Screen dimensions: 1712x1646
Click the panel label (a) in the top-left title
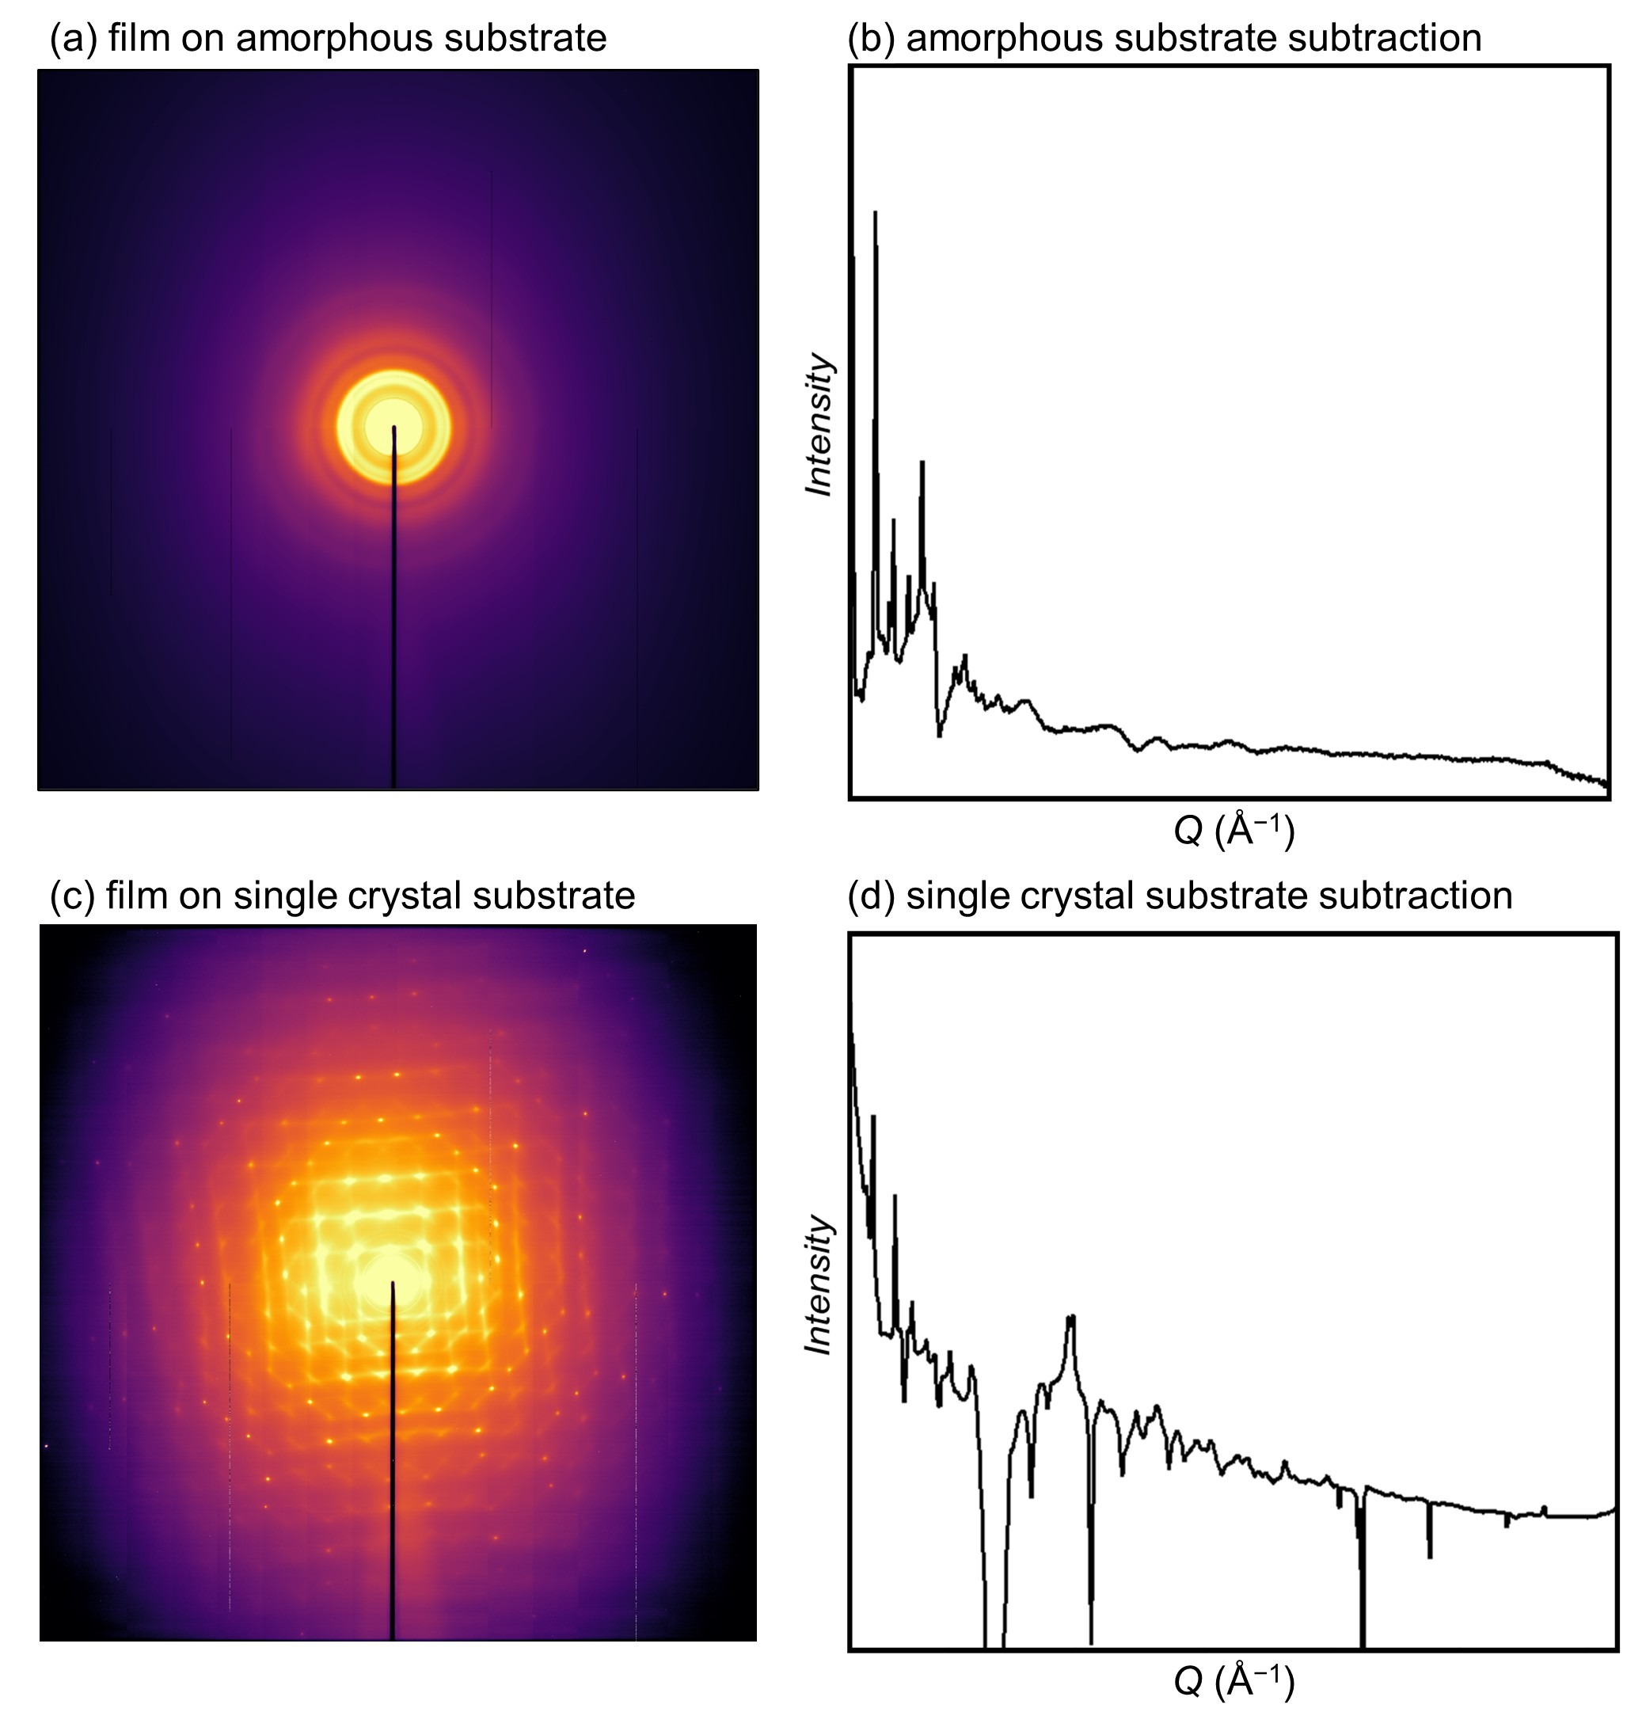pyautogui.click(x=74, y=39)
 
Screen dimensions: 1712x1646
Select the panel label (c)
pyautogui.click(x=73, y=896)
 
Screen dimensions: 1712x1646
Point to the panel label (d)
pyautogui.click(x=872, y=896)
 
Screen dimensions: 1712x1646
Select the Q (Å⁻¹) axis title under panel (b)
pyautogui.click(x=1234, y=830)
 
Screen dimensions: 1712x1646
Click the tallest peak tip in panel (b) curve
pyautogui.click(x=875, y=212)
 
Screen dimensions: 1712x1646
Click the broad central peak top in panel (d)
pyautogui.click(x=1071, y=1317)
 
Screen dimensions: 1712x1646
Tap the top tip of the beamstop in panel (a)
pyautogui.click(x=393, y=428)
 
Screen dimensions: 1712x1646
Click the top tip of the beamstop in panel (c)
pyautogui.click(x=392, y=1283)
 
